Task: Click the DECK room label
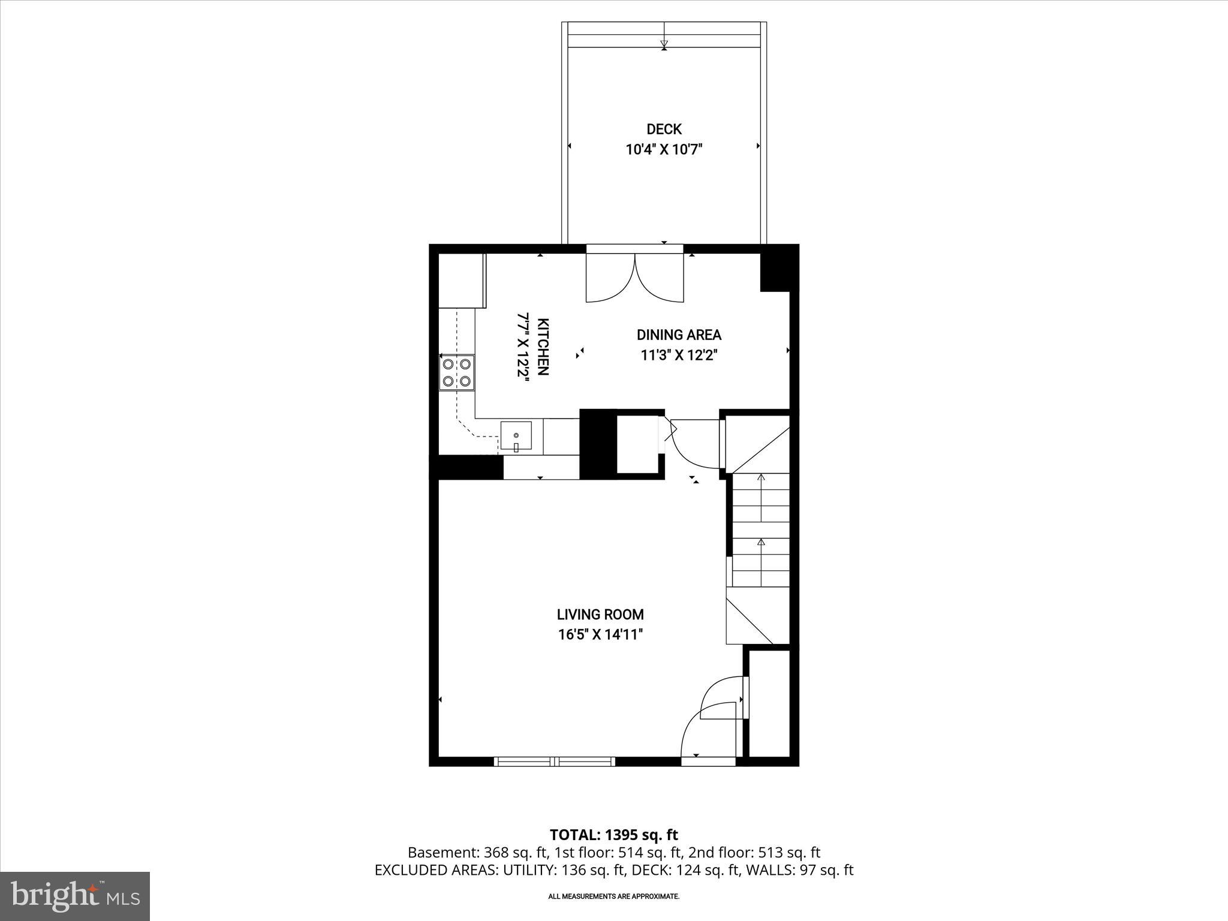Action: pyautogui.click(x=664, y=129)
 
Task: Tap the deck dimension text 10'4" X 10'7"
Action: pyautogui.click(x=664, y=149)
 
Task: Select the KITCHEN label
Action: pyautogui.click(x=542, y=346)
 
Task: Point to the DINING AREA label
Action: pyautogui.click(x=679, y=335)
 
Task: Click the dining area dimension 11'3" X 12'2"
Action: pyautogui.click(x=679, y=356)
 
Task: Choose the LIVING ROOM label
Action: pyautogui.click(x=600, y=615)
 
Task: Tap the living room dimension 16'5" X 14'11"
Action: pyautogui.click(x=600, y=634)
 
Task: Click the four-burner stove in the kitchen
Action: pyautogui.click(x=456, y=372)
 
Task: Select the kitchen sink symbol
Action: pyautogui.click(x=516, y=436)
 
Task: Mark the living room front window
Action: pyautogui.click(x=555, y=762)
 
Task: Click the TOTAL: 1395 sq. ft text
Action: pyautogui.click(x=613, y=835)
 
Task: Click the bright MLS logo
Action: pyautogui.click(x=75, y=896)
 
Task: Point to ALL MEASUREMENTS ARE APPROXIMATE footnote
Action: pyautogui.click(x=613, y=896)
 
